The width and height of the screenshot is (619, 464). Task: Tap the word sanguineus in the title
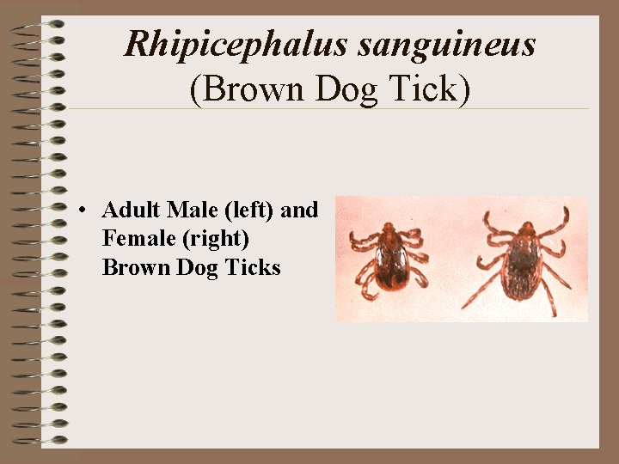pyautogui.click(x=447, y=43)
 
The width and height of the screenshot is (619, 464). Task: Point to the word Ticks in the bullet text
pyautogui.click(x=253, y=268)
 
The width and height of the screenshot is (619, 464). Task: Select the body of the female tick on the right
pyautogui.click(x=523, y=262)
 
